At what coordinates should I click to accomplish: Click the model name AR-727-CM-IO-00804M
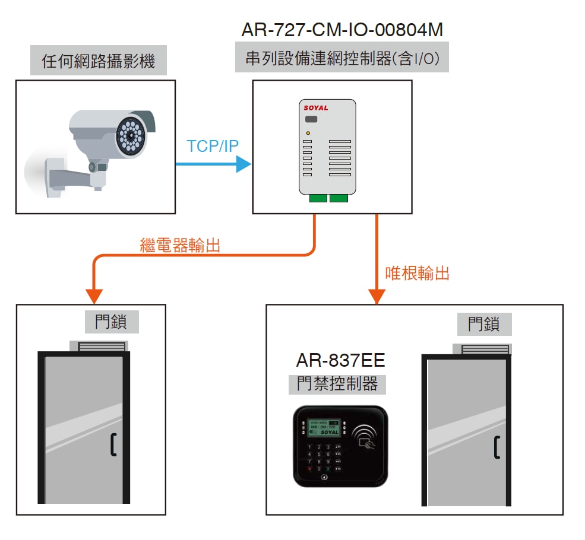(342, 29)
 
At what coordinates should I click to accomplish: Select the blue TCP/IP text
(212, 147)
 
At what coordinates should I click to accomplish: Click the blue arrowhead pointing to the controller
(244, 164)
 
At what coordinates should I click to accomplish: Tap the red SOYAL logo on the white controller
(315, 108)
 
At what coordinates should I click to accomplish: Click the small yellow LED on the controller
(308, 133)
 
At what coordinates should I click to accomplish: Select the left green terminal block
(318, 198)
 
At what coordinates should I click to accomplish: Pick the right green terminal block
(339, 198)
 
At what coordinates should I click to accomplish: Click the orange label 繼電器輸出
(180, 245)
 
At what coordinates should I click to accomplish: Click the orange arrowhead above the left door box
(94, 296)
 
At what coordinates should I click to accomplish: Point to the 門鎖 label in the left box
(110, 322)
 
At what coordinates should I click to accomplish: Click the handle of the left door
(113, 445)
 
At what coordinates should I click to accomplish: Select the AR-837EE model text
(340, 360)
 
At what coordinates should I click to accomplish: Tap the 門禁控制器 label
(337, 384)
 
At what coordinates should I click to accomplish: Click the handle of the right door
(497, 447)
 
